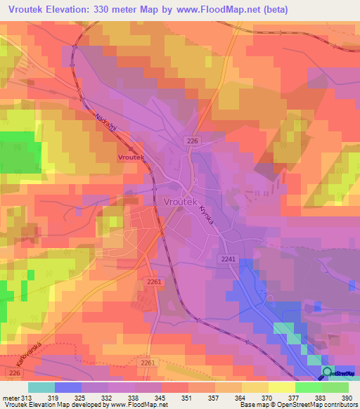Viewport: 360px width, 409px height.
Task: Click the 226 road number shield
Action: pyautogui.click(x=193, y=142)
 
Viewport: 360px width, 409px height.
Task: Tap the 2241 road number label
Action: pyautogui.click(x=229, y=259)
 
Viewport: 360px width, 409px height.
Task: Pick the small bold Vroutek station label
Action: pyautogui.click(x=131, y=158)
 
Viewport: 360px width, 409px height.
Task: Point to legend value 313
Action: pyautogui.click(x=27, y=398)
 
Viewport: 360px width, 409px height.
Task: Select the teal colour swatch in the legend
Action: pyautogui.click(x=41, y=387)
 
